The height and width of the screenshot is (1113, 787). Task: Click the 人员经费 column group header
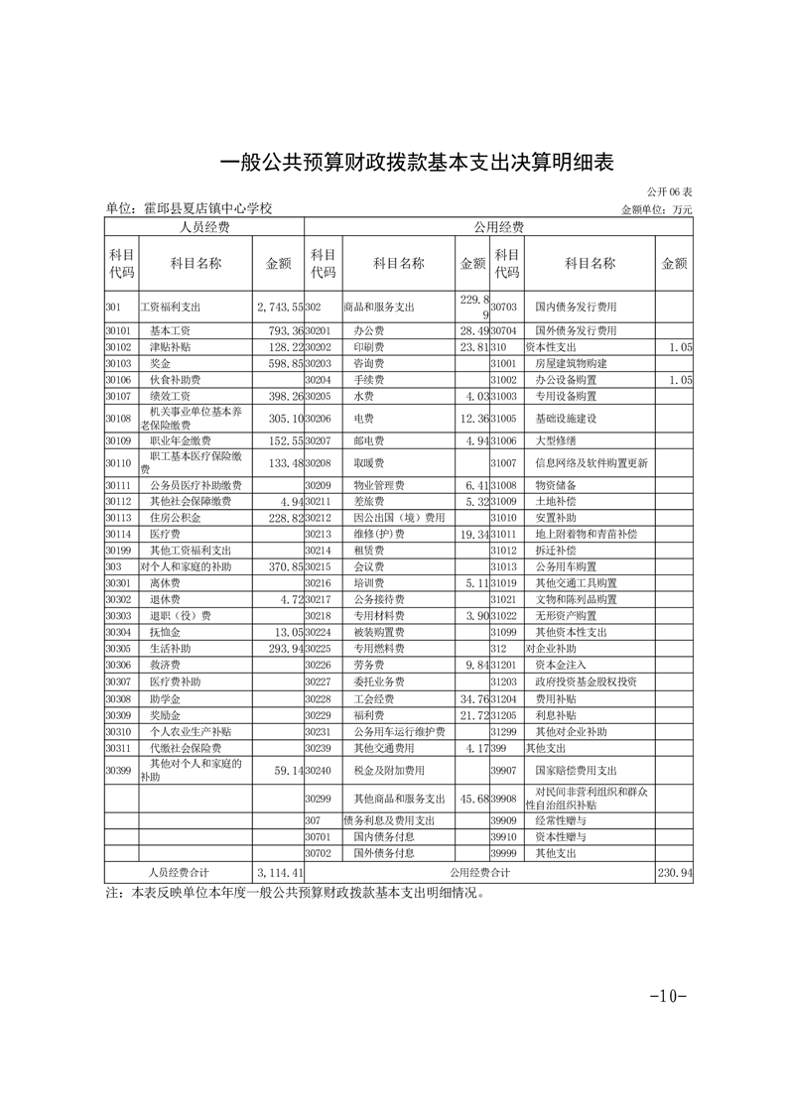[203, 227]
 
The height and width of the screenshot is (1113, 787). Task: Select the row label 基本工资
[170, 330]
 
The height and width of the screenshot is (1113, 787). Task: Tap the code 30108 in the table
[119, 418]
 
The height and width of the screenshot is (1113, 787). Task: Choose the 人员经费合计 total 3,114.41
[279, 872]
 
